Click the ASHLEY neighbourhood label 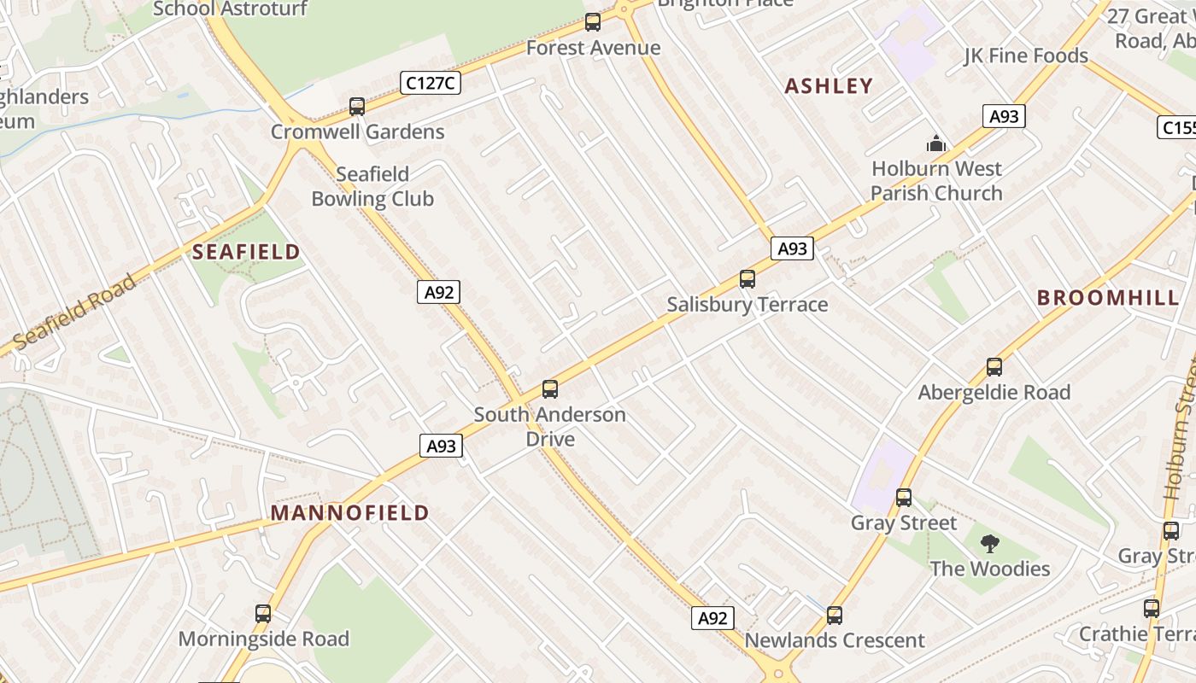(x=829, y=85)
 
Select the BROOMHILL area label (x=1108, y=298)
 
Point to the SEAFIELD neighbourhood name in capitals (x=246, y=252)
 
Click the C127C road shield (x=431, y=83)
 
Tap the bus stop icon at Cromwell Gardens (x=357, y=107)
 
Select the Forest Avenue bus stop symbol (x=593, y=22)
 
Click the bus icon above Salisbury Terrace (x=747, y=278)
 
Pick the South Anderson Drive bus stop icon (x=550, y=389)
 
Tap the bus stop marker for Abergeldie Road (x=994, y=367)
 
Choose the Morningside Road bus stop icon (x=263, y=613)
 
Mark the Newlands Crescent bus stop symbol (x=835, y=615)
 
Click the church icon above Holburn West (x=936, y=143)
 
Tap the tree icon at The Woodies (x=990, y=543)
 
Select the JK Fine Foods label (x=1026, y=56)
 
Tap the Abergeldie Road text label (x=994, y=393)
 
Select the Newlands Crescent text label (x=835, y=640)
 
